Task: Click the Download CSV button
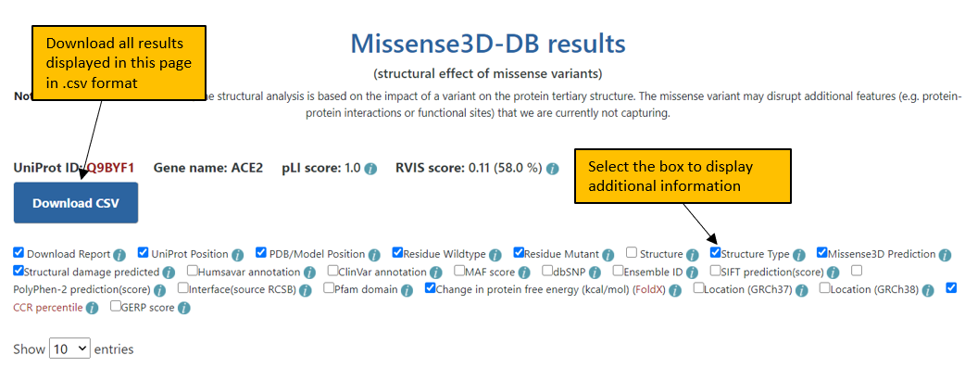point(76,203)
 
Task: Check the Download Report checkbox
point(19,253)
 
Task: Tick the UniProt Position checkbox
point(144,253)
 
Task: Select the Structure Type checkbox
point(715,253)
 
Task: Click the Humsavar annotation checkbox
point(193,271)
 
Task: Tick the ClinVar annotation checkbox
point(333,271)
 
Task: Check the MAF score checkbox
point(459,271)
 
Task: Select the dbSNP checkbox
point(547,271)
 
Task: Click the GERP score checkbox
point(115,306)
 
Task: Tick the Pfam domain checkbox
point(330,288)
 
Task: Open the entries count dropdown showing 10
point(69,349)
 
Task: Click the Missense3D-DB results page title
point(488,44)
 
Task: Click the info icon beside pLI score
point(370,169)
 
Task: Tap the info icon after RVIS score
point(552,169)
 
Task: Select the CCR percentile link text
point(47,307)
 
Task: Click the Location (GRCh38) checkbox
point(824,288)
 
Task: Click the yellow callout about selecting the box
point(683,176)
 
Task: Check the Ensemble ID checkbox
point(618,271)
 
